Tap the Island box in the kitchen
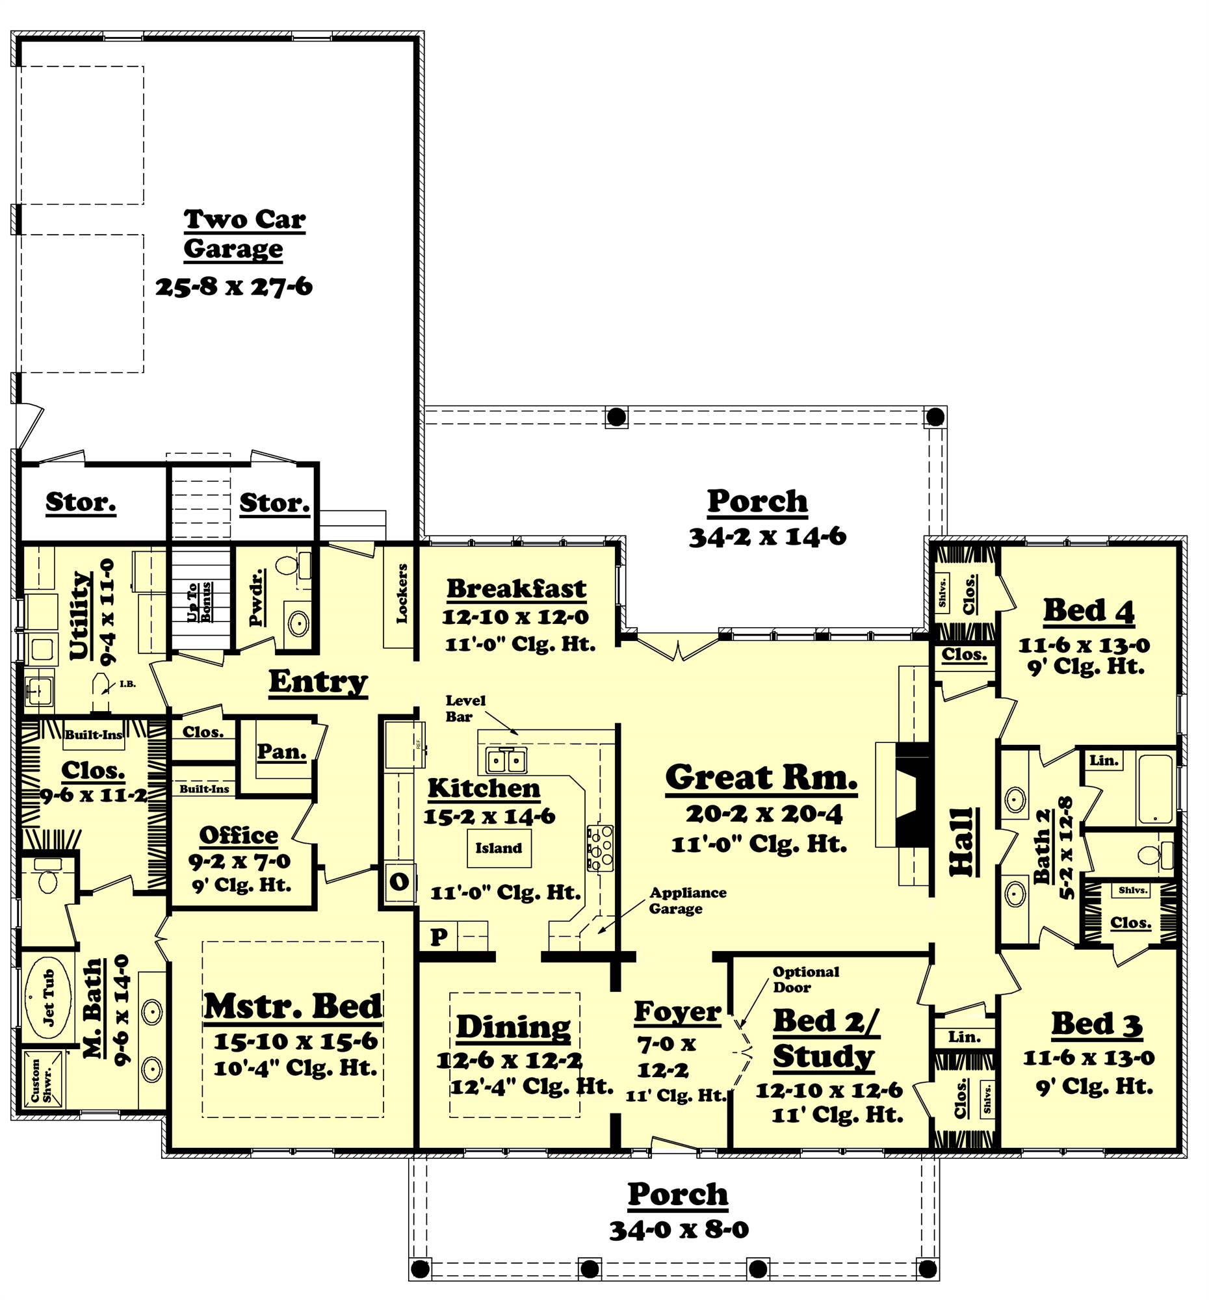click(499, 848)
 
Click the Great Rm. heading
click(760, 778)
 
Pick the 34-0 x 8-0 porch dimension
click(678, 1229)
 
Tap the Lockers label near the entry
click(402, 593)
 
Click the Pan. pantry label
click(281, 752)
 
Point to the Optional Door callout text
click(805, 979)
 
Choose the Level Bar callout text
click(465, 708)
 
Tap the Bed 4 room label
click(1088, 611)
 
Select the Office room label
click(239, 835)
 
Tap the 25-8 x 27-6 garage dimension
click(233, 287)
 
